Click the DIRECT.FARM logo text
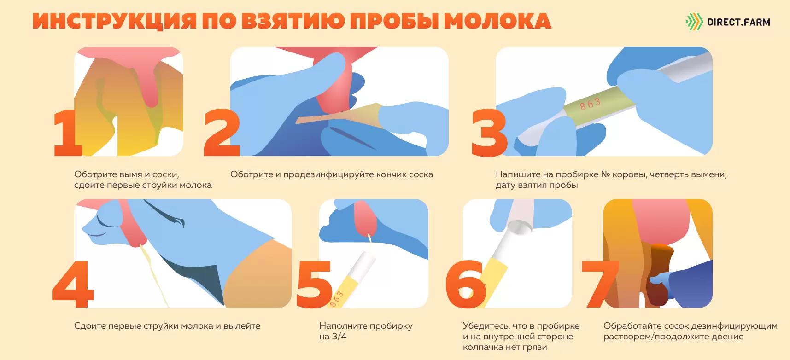pyautogui.click(x=738, y=22)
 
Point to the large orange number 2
pyautogui.click(x=222, y=134)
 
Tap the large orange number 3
pyautogui.click(x=489, y=134)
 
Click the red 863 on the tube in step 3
pyautogui.click(x=590, y=104)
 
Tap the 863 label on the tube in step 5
pyautogui.click(x=337, y=299)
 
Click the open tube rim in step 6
pyautogui.click(x=519, y=226)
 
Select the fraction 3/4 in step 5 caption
pyautogui.click(x=339, y=337)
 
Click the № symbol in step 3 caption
pyautogui.click(x=606, y=175)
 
